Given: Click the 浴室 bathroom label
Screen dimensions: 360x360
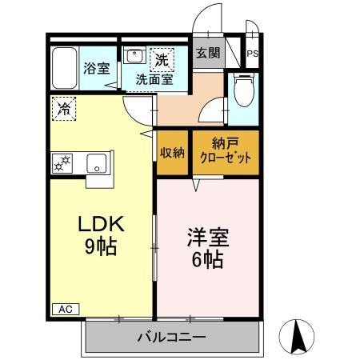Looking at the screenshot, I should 97,68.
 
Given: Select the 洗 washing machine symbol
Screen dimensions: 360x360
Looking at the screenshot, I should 162,58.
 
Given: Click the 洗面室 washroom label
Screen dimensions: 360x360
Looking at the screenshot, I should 154,78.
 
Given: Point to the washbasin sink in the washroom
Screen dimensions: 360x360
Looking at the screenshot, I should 134,58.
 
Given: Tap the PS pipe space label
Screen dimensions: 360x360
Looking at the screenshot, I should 252,54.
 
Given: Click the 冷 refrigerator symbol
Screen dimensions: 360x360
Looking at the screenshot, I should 62,107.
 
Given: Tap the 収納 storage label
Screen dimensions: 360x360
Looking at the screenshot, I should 172,153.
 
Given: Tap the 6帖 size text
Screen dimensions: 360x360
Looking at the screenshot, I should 208,259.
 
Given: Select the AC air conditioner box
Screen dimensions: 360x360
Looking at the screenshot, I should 62,309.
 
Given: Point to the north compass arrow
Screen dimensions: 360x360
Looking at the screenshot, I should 299,336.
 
